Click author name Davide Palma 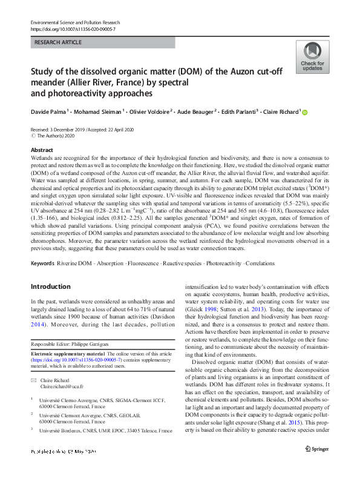coord(50,111)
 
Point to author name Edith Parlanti coord(240,111)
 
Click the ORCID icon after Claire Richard coord(305,112)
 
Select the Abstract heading coord(42,150)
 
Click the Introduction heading coord(50,286)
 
